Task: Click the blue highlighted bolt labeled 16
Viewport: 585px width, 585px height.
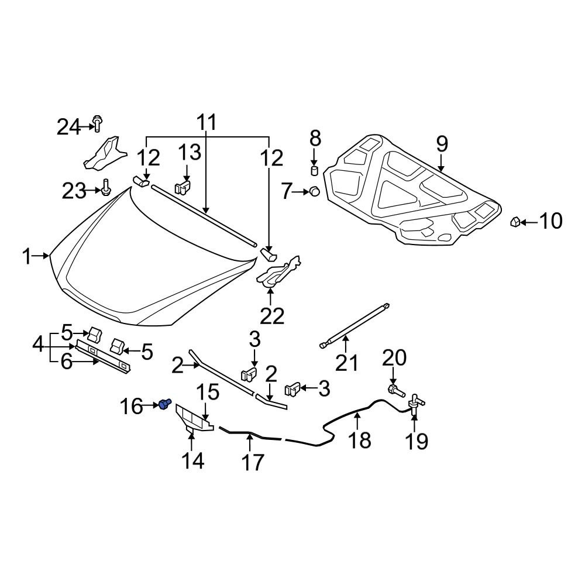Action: click(164, 404)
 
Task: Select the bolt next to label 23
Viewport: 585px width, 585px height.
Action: click(105, 188)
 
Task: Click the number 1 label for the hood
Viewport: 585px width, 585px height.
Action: click(26, 256)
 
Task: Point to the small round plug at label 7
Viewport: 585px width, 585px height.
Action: click(314, 191)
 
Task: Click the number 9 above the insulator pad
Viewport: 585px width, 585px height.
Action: click(441, 143)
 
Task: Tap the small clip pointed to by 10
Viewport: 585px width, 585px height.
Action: click(515, 222)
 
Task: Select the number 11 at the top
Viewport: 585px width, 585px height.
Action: click(205, 122)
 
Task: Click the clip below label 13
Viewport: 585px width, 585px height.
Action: click(184, 188)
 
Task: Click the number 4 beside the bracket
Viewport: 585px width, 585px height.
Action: click(38, 345)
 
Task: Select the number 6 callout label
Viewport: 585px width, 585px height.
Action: click(66, 362)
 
